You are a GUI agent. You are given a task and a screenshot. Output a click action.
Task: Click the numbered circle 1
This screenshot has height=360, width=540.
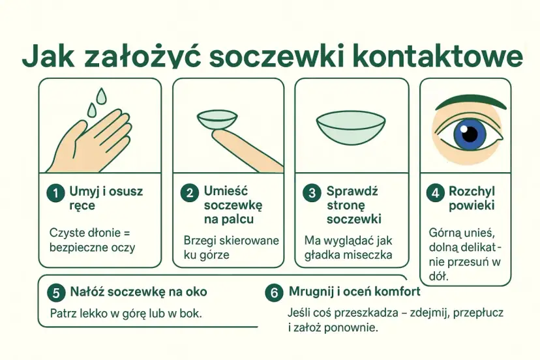(55, 192)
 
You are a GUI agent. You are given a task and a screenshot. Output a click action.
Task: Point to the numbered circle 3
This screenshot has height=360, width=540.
(312, 192)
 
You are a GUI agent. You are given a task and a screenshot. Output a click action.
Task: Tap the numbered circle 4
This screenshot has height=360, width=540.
(435, 192)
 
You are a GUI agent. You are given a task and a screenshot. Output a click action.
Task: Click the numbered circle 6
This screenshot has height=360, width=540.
(274, 293)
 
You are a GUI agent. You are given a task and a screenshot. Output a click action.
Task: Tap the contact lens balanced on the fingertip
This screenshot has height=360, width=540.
(217, 120)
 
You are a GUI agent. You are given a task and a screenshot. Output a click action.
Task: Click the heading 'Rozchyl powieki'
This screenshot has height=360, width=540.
(472, 198)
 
